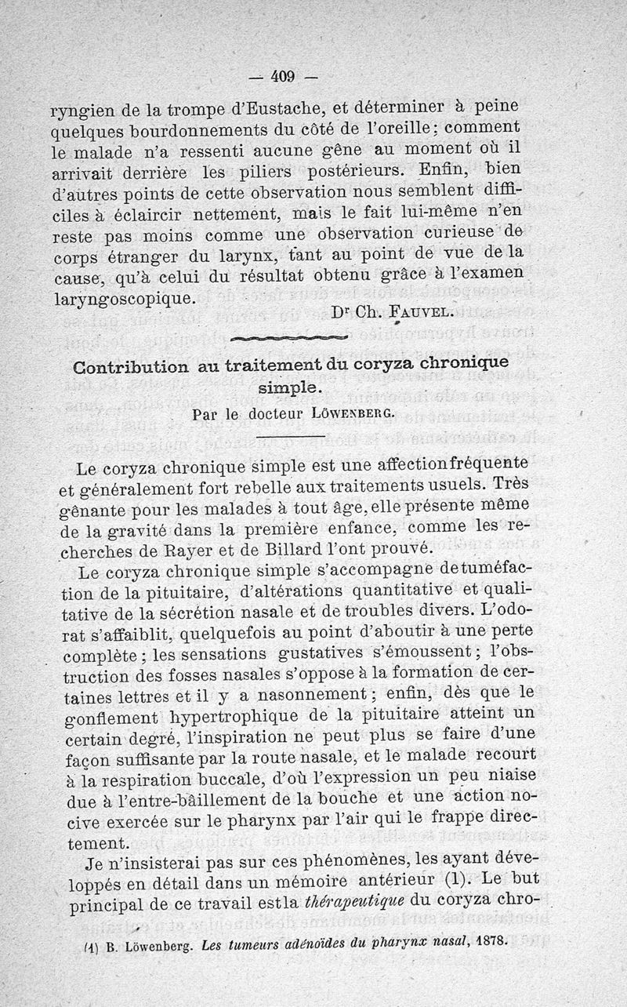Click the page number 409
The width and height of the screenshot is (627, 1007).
point(281,76)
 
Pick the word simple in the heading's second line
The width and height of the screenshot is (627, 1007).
point(289,388)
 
